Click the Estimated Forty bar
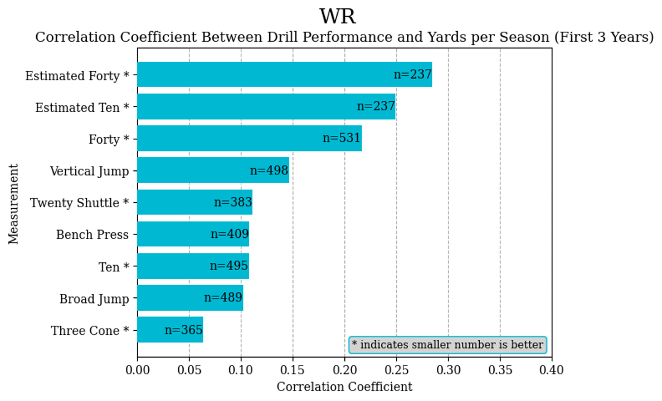click(284, 75)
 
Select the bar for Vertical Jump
click(213, 170)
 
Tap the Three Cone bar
click(170, 330)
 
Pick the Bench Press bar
click(193, 234)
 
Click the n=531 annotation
click(342, 138)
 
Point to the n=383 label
click(233, 202)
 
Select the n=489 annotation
click(223, 297)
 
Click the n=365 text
click(183, 330)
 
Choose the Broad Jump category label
click(94, 299)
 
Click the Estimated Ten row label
click(82, 107)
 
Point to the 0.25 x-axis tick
click(397, 369)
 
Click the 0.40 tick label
click(552, 369)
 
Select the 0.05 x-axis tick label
click(189, 369)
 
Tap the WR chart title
click(338, 17)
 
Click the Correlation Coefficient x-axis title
click(344, 387)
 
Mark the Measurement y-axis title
click(14, 203)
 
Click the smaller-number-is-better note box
click(447, 345)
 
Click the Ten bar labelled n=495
click(193, 266)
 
